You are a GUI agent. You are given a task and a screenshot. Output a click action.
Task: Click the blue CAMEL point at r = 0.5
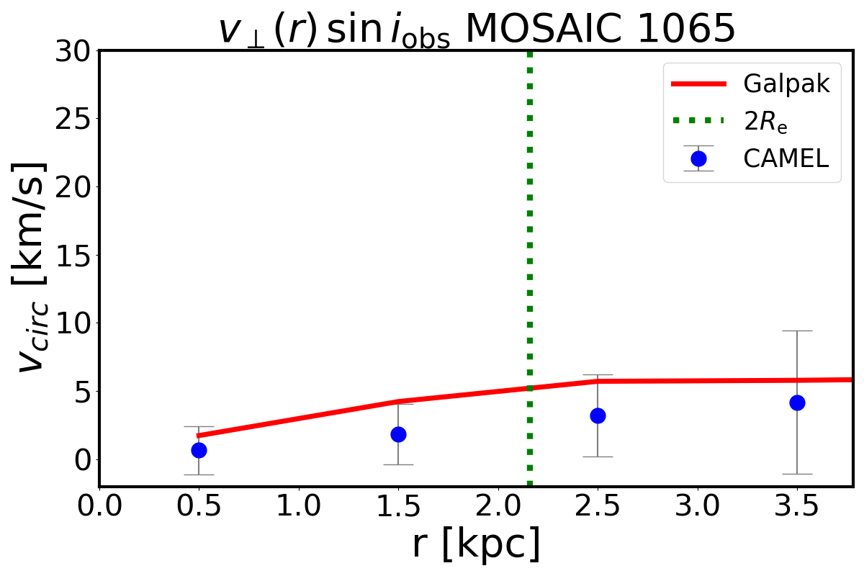tap(199, 450)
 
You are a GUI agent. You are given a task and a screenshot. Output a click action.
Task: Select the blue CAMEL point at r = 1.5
tap(398, 434)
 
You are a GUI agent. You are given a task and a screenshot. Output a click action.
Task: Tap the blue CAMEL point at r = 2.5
tap(598, 415)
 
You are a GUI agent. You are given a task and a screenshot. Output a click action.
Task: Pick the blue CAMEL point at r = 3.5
tap(797, 402)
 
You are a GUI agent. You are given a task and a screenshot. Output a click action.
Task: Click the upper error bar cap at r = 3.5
tap(797, 330)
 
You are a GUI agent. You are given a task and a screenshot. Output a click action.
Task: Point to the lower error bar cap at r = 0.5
tap(199, 474)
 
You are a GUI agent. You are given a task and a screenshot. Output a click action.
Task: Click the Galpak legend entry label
tap(787, 84)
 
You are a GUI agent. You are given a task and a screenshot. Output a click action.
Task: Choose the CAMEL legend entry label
tap(786, 159)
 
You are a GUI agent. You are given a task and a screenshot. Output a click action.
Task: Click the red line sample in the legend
tap(698, 84)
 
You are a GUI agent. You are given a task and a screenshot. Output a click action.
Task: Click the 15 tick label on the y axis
tap(71, 255)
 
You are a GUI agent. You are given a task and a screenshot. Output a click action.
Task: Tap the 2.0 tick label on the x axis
tap(498, 508)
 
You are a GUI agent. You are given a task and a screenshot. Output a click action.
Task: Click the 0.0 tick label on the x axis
tap(99, 508)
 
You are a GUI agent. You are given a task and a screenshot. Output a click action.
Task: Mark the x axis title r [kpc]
tap(476, 545)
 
